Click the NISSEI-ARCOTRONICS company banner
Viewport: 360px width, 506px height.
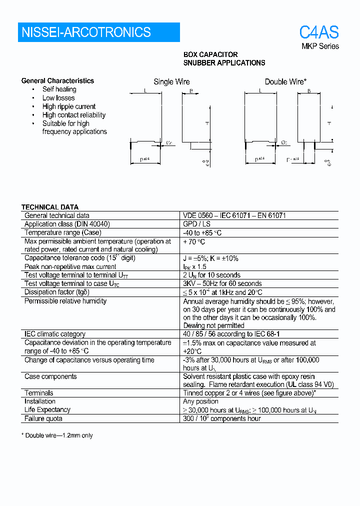point(98,32)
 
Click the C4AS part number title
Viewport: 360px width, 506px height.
point(318,32)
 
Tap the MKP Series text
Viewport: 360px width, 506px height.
point(319,46)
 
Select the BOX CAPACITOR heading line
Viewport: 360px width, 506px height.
point(210,54)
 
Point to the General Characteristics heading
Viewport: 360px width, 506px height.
point(57,80)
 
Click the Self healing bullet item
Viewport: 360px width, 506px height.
point(59,89)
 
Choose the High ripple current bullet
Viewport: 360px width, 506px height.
point(68,106)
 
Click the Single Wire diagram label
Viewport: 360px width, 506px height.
point(171,81)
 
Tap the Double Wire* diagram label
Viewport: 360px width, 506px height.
point(285,81)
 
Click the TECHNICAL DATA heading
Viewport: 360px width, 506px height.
point(49,207)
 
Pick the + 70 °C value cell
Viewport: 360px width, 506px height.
point(194,241)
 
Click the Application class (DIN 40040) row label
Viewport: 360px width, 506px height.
point(67,224)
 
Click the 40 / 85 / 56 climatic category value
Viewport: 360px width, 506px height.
point(231,334)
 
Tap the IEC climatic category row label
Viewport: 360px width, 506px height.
point(55,334)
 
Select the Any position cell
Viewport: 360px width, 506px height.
point(200,401)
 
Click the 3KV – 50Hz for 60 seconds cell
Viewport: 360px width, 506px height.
point(222,283)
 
